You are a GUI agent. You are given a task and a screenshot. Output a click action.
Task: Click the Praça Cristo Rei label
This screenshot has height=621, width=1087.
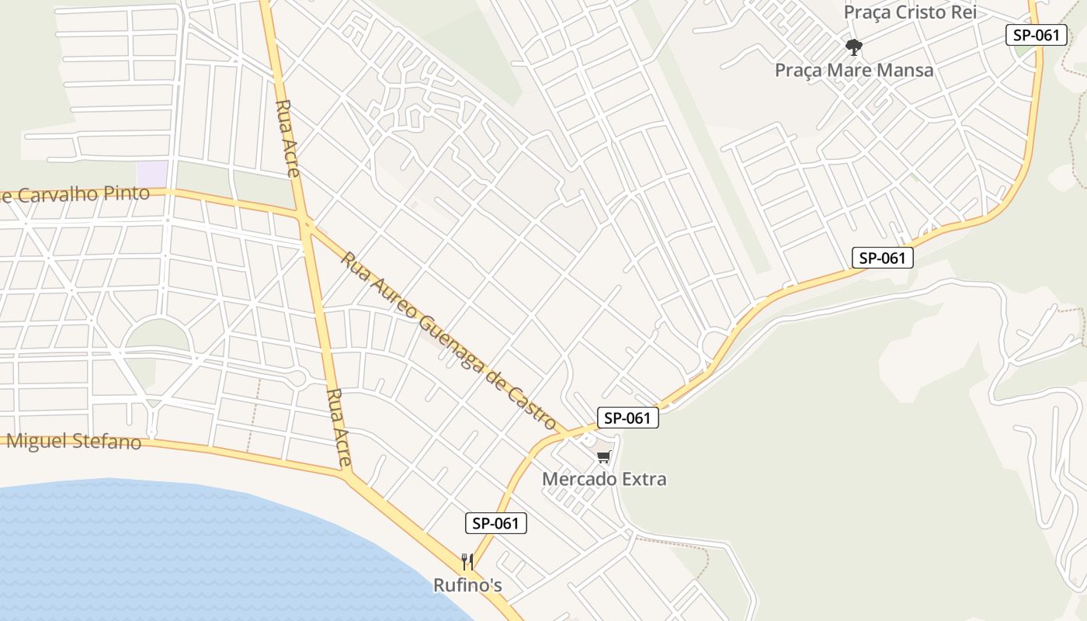pos(909,12)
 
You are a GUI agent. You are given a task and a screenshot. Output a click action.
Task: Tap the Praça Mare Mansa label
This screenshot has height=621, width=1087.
pos(854,70)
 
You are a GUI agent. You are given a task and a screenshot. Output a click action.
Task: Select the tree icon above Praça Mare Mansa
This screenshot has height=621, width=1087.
pos(854,47)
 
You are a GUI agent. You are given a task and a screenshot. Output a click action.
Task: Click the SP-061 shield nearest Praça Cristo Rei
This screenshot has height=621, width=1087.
pos(1036,35)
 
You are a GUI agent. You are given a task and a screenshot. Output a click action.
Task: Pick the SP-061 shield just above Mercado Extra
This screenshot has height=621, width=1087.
pos(627,418)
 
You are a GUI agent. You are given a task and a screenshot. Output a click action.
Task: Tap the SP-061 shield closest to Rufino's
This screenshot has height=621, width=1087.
pos(495,523)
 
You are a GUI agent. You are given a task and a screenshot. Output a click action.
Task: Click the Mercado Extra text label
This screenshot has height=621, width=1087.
pos(604,479)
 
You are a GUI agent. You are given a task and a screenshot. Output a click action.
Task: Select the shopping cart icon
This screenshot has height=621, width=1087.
pos(604,456)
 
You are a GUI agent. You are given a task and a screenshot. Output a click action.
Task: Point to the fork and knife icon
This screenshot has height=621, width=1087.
pos(467,561)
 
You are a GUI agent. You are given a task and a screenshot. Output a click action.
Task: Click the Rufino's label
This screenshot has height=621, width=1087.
pos(467,585)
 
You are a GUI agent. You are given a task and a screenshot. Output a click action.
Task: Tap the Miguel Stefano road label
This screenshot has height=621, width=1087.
pos(74,442)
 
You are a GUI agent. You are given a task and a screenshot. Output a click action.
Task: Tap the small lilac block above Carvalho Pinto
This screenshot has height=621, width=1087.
pos(151,173)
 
